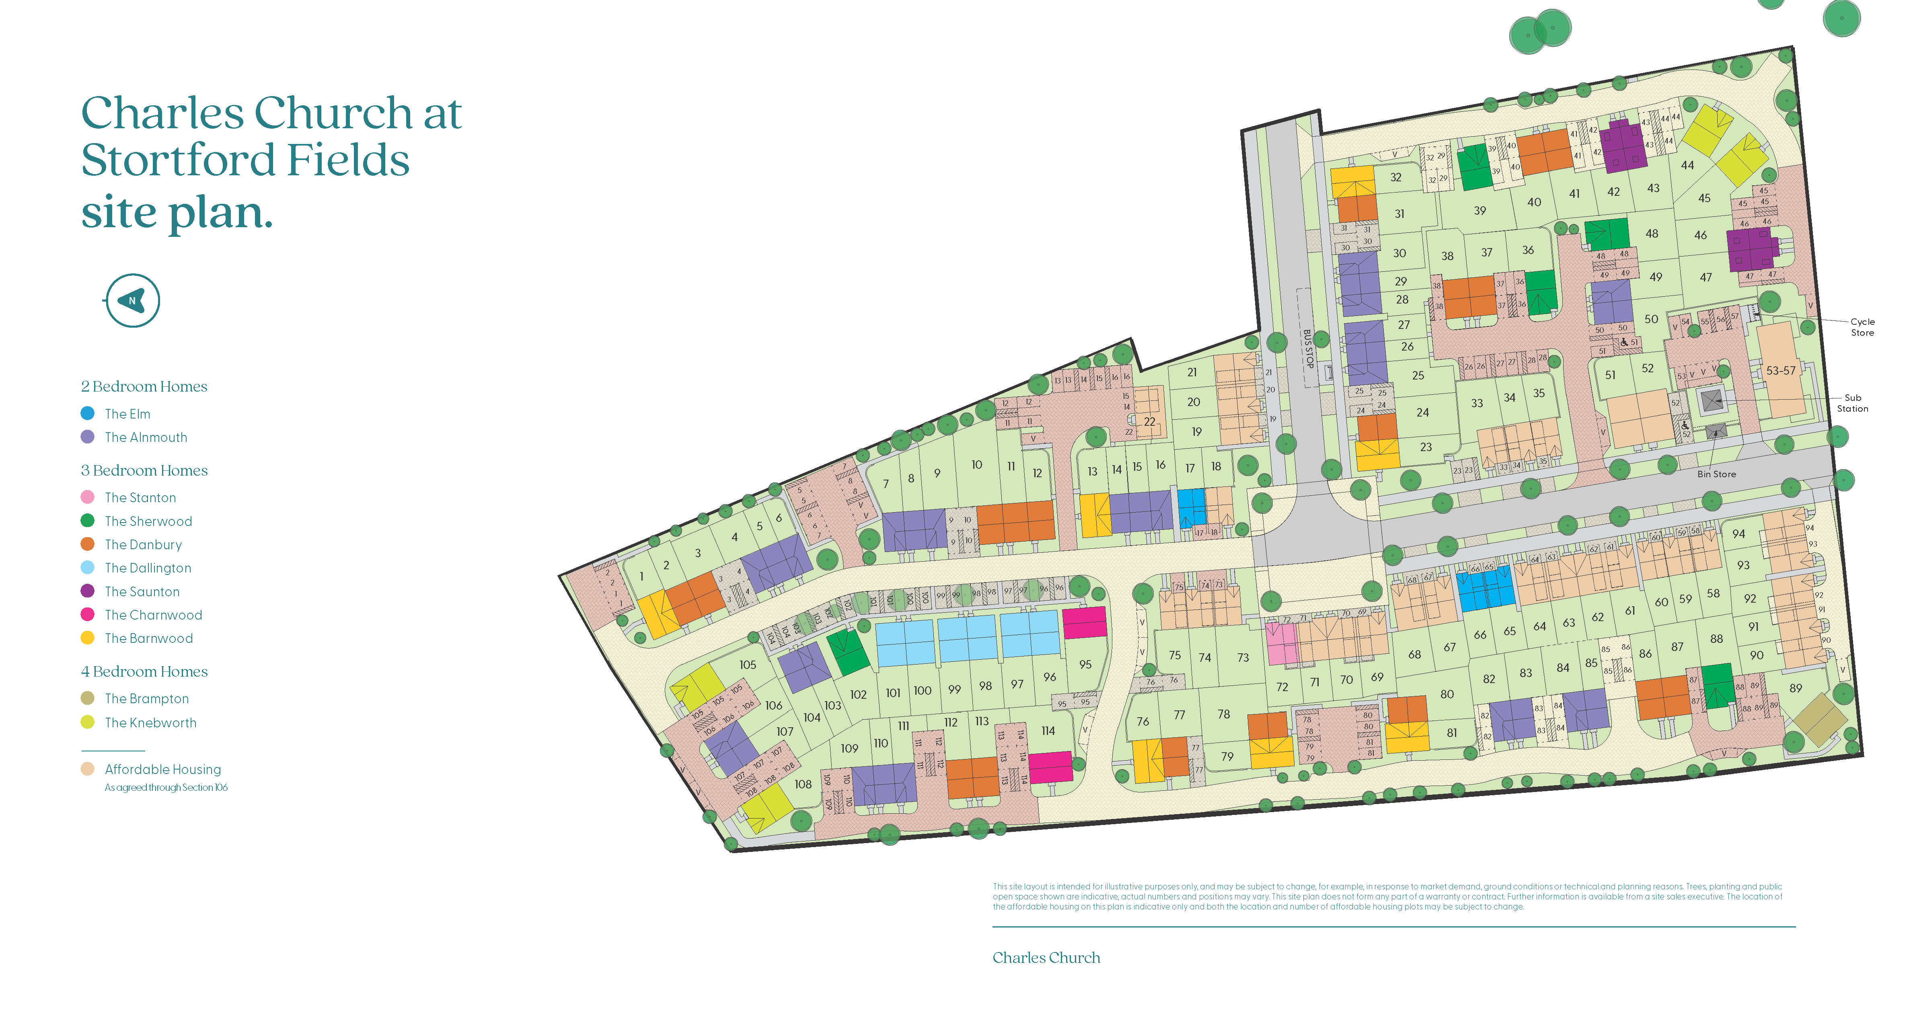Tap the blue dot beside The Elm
pyautogui.click(x=87, y=413)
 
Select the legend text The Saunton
pyautogui.click(x=142, y=591)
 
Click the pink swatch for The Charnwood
pyautogui.click(x=87, y=614)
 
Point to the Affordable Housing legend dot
pyautogui.click(x=87, y=769)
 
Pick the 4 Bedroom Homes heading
pyautogui.click(x=144, y=671)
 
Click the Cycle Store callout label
pyautogui.click(x=1862, y=327)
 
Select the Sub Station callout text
pyautogui.click(x=1852, y=403)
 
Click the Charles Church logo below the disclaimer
pyautogui.click(x=1046, y=957)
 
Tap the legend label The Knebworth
pyautogui.click(x=151, y=722)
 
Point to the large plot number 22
pyautogui.click(x=1149, y=421)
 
